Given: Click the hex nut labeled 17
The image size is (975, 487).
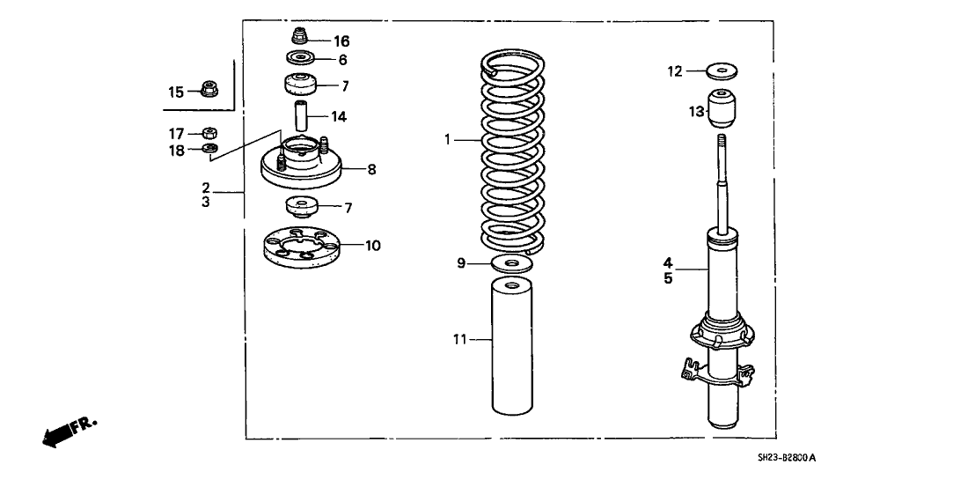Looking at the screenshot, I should point(209,133).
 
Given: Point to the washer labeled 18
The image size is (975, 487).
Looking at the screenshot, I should point(209,149).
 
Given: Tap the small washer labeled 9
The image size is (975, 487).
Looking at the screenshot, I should point(511,263).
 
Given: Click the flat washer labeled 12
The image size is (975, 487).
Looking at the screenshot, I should point(722,70).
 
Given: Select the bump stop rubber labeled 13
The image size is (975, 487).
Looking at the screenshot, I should point(722,110).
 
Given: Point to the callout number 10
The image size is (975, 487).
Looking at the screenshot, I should point(373,246).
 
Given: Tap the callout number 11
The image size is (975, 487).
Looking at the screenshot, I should point(460,338).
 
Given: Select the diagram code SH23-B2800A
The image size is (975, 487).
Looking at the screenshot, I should point(786,458).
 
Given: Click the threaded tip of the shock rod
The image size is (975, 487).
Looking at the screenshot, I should point(722,142).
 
